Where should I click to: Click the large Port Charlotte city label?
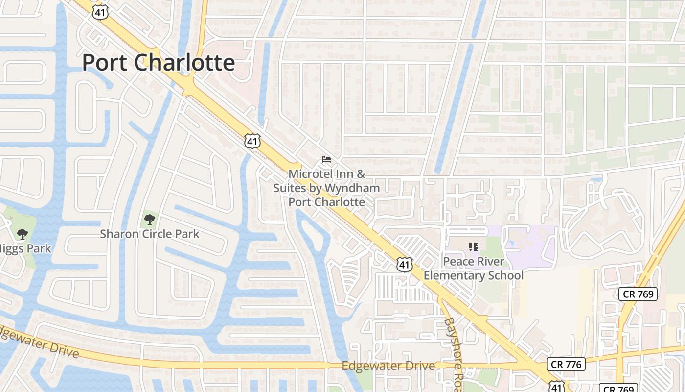coord(159,63)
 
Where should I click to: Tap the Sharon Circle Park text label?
coord(150,234)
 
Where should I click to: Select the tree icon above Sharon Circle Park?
coord(150,219)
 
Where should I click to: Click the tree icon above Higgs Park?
coord(22,234)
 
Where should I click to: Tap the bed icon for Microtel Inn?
coord(326,159)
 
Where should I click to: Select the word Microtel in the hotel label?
coord(310,174)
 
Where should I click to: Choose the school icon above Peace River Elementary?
coord(473,246)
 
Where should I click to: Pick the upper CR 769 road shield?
coord(638,294)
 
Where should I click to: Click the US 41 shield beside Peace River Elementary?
coord(405,265)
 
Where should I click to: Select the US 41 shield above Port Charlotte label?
coord(100,12)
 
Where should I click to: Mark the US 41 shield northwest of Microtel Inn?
coord(252,142)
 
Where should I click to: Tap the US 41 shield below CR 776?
coord(557,387)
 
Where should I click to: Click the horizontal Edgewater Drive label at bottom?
coord(388,366)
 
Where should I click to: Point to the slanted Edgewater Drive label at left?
coord(39,340)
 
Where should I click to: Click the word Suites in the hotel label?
coord(291,188)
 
